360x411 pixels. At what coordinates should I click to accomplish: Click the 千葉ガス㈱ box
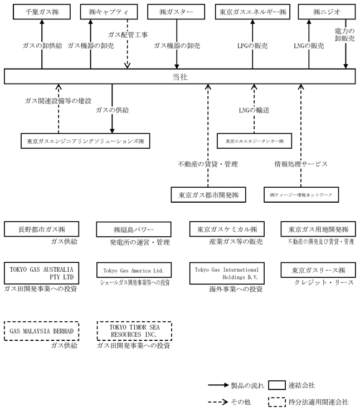point(42,12)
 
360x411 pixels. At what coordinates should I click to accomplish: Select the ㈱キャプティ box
point(110,12)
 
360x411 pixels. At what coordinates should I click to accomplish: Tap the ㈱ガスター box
point(177,12)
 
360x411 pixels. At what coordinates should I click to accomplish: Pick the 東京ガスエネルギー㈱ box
point(252,12)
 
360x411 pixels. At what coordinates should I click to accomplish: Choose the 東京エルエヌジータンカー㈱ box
point(255,141)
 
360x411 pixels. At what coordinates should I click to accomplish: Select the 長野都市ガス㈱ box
point(42,229)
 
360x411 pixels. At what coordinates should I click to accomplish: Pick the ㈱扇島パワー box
point(132,229)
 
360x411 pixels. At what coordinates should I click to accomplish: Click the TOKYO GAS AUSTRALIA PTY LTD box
point(42,273)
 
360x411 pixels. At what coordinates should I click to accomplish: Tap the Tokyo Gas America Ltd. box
point(132,271)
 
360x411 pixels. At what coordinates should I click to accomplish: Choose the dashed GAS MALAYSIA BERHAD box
point(42,331)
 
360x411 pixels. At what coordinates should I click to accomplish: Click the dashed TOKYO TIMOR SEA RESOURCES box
point(132,331)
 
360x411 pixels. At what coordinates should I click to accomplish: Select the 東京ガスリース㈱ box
point(318,271)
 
